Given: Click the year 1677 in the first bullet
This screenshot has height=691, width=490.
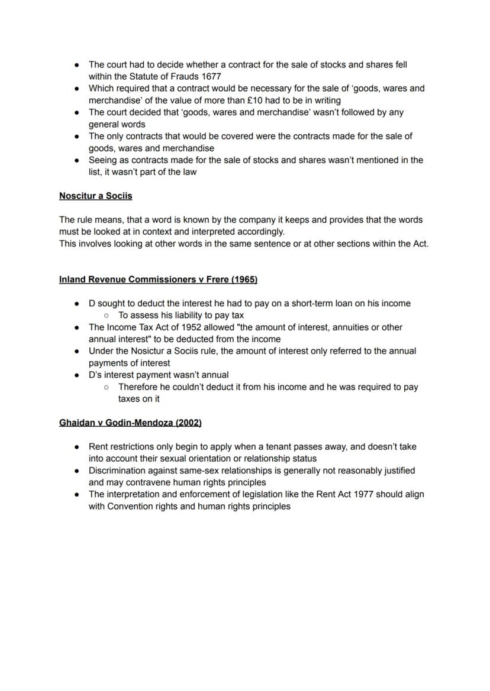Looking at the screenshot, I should pyautogui.click(x=211, y=76).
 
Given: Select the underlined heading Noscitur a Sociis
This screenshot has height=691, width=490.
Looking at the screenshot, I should pyautogui.click(x=95, y=196).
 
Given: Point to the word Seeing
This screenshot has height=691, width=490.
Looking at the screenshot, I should pyautogui.click(x=104, y=160).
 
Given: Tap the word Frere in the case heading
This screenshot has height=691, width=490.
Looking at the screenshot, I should pyautogui.click(x=216, y=279).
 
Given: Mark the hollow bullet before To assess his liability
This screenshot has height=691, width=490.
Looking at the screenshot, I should pyautogui.click(x=105, y=316).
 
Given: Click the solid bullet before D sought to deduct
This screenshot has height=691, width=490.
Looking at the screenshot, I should pyautogui.click(x=77, y=304).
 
